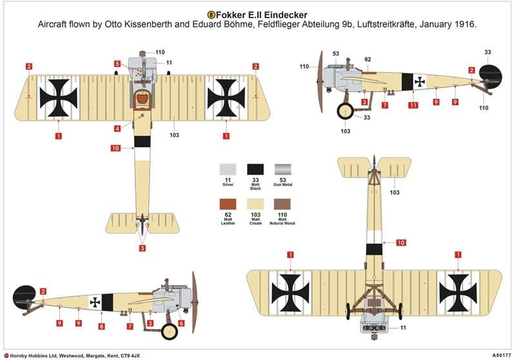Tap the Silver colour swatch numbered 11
tap(227, 170)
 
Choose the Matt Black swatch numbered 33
tap(255, 170)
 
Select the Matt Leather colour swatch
tap(227, 206)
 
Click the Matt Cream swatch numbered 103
tap(255, 206)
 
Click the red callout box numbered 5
tap(117, 64)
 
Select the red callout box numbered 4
tap(117, 129)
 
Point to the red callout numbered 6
tap(181, 323)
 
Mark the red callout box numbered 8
tap(101, 327)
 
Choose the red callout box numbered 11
tap(413, 105)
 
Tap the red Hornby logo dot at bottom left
tap(5, 355)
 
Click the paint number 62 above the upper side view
tap(368, 60)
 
